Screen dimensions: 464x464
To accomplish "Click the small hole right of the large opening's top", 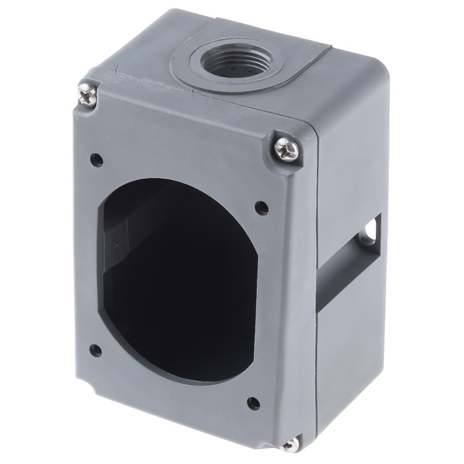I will (x=260, y=206).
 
